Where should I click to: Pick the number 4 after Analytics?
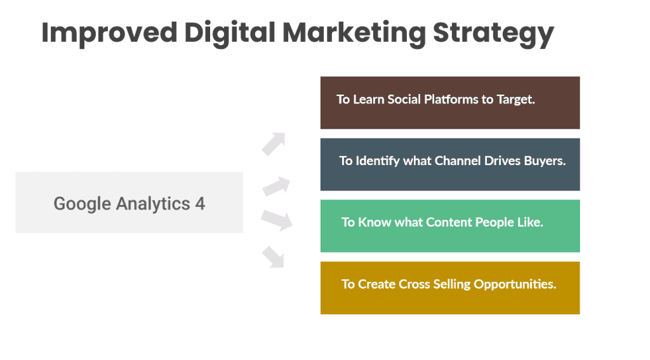[200, 204]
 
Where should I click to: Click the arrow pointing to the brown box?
[274, 143]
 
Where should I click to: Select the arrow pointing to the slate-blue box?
[275, 187]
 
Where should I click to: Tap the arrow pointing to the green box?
[277, 219]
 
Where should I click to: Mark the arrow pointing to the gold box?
[274, 256]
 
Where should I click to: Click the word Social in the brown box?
[404, 100]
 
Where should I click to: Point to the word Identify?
[378, 161]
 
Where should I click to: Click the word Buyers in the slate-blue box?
[544, 161]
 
